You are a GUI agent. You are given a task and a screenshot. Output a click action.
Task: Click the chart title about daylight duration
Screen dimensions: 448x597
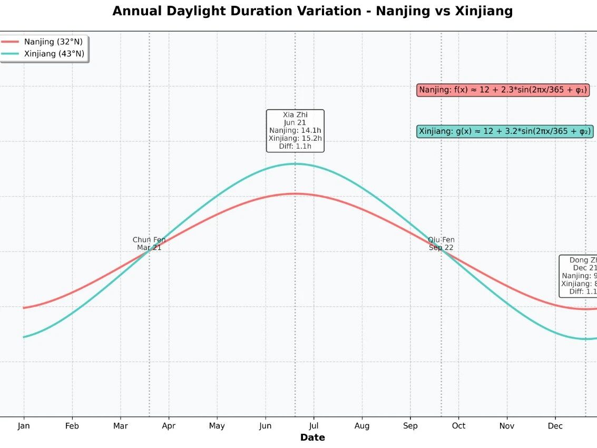[x=312, y=11]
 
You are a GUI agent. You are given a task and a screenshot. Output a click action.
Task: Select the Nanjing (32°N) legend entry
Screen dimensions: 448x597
[x=53, y=42]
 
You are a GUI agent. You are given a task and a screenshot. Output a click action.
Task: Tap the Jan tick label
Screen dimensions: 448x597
[x=24, y=426]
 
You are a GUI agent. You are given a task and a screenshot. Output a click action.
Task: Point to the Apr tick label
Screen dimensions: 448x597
[x=169, y=426]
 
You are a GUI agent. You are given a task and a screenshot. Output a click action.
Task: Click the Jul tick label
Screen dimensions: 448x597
[x=314, y=426]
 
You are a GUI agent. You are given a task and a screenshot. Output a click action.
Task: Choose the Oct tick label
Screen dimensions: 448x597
[x=458, y=426]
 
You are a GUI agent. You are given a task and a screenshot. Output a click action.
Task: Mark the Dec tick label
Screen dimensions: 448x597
[x=555, y=426]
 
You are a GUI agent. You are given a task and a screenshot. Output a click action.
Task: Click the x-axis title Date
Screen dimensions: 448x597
[x=312, y=437]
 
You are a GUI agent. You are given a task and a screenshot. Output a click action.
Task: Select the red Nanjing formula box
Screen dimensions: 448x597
[x=503, y=90]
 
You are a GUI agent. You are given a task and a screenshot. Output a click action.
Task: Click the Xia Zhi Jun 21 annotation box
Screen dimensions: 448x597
[x=295, y=131]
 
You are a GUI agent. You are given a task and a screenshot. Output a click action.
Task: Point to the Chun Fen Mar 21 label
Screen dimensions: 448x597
[x=149, y=244]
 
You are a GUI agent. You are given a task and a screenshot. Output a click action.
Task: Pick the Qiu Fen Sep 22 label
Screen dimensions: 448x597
[x=441, y=244]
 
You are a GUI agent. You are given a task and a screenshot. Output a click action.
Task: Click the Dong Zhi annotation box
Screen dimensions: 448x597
[x=579, y=276]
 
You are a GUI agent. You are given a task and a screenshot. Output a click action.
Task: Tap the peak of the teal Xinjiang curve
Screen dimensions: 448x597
[x=295, y=164]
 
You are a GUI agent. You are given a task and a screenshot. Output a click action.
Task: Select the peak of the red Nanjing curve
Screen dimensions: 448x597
[x=295, y=193]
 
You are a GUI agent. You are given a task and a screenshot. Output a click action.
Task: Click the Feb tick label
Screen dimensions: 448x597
[x=72, y=426]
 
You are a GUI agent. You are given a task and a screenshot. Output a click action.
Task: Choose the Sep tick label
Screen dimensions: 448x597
[x=410, y=426]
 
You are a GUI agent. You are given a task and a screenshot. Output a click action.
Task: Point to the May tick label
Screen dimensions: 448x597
[x=217, y=426]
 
